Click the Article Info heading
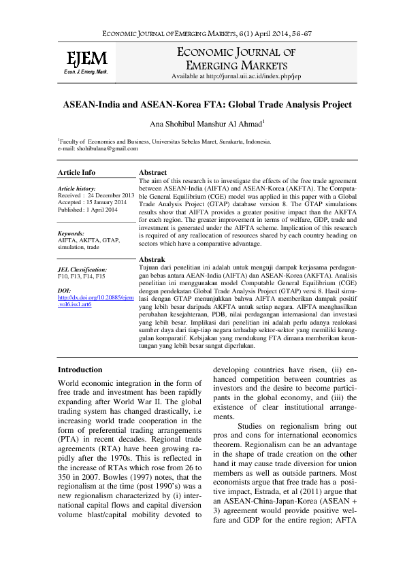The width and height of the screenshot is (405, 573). tap(77, 173)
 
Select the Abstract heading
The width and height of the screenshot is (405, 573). tap(152, 173)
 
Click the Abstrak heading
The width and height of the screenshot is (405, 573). tap(152, 260)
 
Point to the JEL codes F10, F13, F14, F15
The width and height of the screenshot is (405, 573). tap(82, 278)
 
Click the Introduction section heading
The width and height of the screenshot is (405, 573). tap(80, 370)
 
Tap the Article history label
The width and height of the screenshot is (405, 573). tap(77, 187)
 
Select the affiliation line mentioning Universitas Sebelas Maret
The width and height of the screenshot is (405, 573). tap(165, 142)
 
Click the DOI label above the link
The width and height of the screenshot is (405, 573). tap(65, 290)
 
